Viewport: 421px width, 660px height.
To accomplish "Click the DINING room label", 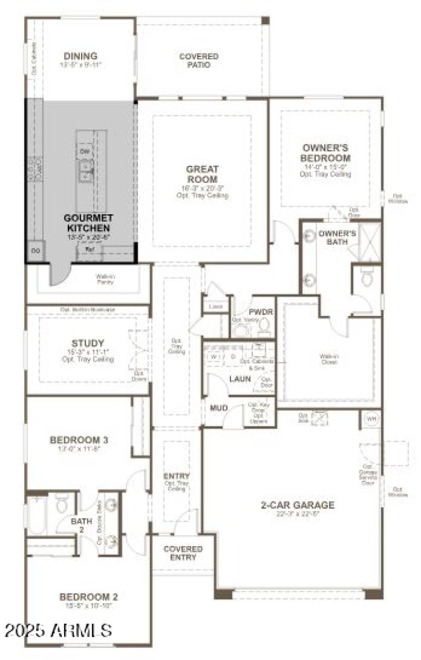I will click(x=81, y=56).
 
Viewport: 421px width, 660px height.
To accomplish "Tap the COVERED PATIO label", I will click(x=199, y=61).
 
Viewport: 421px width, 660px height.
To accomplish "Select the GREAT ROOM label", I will click(x=202, y=174).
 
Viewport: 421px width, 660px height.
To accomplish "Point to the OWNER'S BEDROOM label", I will click(x=326, y=153).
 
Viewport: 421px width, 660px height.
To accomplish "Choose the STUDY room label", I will click(x=87, y=343).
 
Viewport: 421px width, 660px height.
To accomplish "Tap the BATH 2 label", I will click(x=82, y=525).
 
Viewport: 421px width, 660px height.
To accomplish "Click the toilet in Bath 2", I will click(x=62, y=504).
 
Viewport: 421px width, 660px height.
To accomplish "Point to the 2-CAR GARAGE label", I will click(x=298, y=505).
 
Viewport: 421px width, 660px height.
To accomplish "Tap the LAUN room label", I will click(x=239, y=379).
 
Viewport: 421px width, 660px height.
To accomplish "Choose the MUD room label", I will click(x=218, y=408).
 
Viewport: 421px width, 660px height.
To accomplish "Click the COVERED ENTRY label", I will click(x=183, y=553).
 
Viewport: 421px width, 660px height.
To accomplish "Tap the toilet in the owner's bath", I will click(x=367, y=278).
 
